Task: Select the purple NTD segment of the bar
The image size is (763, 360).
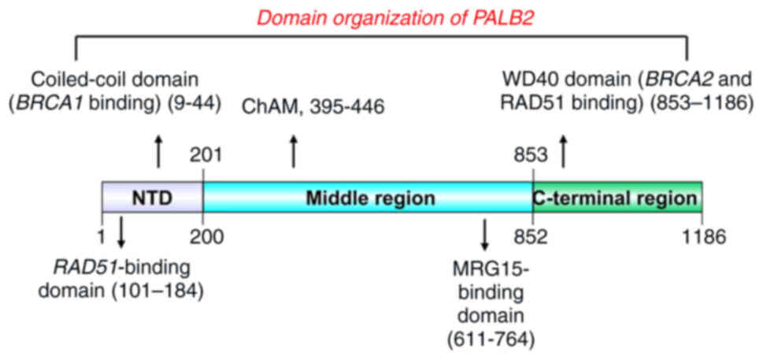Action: point(152,197)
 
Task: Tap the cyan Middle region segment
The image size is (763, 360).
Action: point(369,197)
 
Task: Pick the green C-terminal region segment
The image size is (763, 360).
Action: point(617,197)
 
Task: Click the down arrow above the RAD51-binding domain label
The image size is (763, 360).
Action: point(121,231)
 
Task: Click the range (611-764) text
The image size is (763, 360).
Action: point(483,340)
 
